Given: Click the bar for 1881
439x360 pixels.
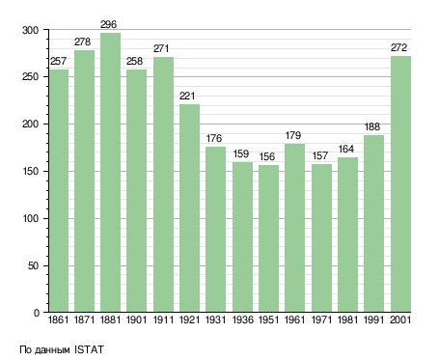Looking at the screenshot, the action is tap(110, 173).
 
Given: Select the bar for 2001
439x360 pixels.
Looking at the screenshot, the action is tap(400, 184).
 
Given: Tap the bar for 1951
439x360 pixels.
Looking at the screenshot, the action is tap(268, 238).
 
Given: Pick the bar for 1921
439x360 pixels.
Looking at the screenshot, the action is tap(189, 208).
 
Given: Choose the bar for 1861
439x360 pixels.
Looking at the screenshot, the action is tap(59, 191).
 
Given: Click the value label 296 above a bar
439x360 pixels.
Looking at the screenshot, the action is tap(108, 24).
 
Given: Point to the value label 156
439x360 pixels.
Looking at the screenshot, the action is tap(267, 156).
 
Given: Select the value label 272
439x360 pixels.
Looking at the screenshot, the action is tap(399, 47).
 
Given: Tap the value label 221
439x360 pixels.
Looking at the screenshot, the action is tap(187, 96).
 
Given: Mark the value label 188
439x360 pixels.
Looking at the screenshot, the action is tap(372, 126).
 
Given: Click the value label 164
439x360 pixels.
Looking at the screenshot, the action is tap(346, 149).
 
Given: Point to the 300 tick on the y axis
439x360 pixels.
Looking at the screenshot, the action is tap(30, 30).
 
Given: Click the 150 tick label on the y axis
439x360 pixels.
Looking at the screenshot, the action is tap(31, 172).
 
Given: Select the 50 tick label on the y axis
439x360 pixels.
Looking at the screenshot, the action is tap(34, 266).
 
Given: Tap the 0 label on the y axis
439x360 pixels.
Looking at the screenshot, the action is tap(37, 313).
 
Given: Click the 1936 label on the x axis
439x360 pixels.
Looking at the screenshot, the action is tap(242, 320).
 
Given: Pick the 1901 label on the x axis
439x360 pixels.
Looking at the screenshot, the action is tap(136, 320).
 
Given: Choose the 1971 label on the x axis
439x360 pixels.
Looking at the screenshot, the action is tap(321, 320).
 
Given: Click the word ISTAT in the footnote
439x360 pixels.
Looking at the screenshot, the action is tap(89, 349).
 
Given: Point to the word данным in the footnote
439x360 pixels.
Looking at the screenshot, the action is tap(51, 350).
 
